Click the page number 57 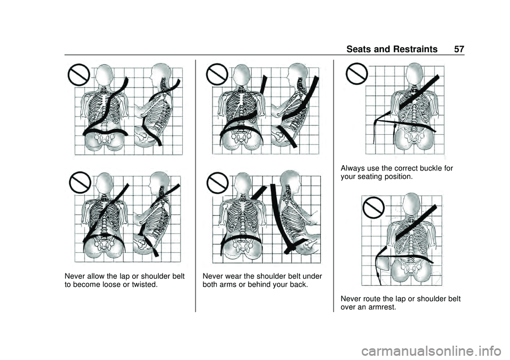(x=459, y=49)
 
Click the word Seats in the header (x=360, y=49)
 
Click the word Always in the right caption (x=353, y=168)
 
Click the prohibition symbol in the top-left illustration (x=79, y=76)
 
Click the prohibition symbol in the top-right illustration (x=356, y=74)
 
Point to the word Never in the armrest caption (x=352, y=298)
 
